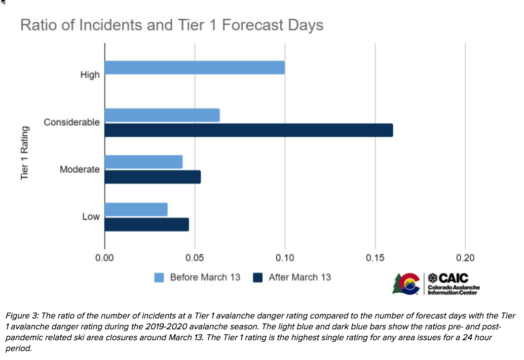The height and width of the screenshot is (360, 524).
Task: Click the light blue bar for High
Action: pos(194,67)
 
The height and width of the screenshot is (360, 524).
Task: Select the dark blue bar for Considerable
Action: pos(249,130)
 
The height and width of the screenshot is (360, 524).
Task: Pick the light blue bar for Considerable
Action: pos(162,115)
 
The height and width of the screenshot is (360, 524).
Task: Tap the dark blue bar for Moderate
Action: pos(152,177)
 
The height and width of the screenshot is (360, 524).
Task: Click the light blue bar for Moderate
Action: pos(144,162)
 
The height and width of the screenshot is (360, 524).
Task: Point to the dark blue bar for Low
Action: pos(147,225)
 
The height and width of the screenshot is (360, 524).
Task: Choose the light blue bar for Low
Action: pos(136,209)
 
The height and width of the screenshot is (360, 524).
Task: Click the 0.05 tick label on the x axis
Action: pos(195,258)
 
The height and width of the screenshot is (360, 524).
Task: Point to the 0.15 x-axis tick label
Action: pos(375,258)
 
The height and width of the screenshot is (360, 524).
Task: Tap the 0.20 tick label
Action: pos(465,258)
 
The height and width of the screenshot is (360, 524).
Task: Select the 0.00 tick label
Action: pos(105,258)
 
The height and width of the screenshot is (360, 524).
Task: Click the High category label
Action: pos(90,75)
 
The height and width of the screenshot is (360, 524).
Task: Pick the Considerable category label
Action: pos(72,122)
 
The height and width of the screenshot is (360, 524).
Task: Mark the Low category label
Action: pos(91,216)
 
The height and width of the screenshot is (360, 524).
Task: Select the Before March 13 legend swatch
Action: pos(159,278)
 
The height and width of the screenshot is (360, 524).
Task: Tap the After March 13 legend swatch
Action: pos(258,278)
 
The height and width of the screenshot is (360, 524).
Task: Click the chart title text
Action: pos(172,25)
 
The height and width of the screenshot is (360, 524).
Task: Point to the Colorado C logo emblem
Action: pos(410,283)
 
